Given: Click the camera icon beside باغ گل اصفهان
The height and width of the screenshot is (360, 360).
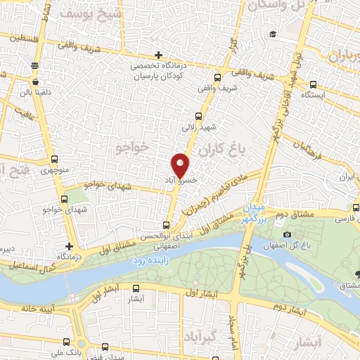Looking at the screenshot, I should (x=287, y=234).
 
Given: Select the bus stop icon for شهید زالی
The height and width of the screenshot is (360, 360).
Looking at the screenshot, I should (x=198, y=117).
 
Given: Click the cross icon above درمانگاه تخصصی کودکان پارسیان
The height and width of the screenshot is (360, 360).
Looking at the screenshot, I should (x=160, y=55).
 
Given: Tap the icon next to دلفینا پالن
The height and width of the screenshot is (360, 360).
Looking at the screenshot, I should (x=34, y=65).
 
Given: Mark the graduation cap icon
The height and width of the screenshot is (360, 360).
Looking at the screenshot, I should (x=271, y=34).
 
